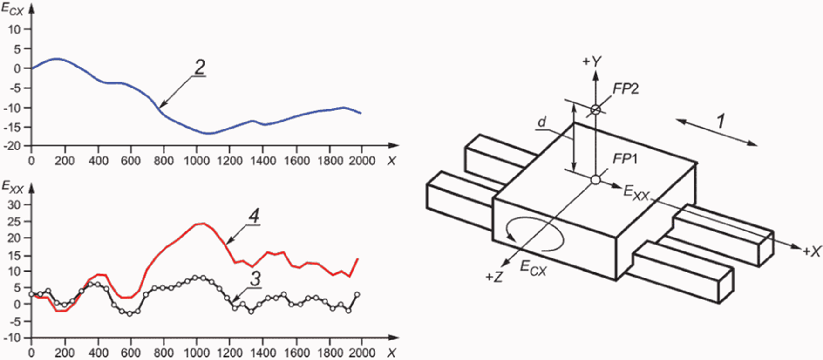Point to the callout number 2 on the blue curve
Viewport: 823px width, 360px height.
pos(199,66)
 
